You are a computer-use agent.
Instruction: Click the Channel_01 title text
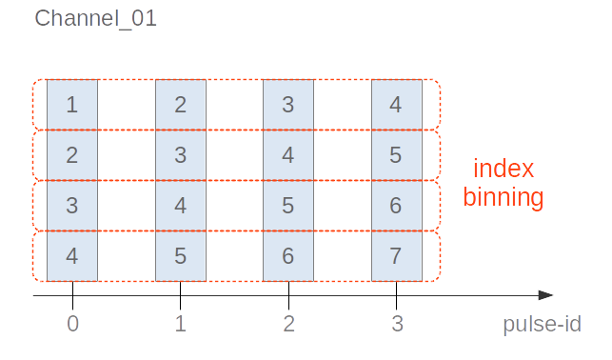(95, 19)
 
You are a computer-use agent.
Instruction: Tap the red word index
(503, 171)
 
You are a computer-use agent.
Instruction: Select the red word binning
(503, 198)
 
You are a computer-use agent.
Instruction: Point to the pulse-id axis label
(542, 325)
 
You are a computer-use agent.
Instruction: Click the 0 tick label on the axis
(72, 325)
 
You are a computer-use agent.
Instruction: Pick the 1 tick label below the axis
(181, 325)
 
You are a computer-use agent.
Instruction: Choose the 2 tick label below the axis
(288, 325)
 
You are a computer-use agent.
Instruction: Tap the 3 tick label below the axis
(396, 325)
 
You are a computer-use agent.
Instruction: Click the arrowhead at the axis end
(545, 296)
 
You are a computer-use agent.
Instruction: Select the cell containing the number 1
(72, 105)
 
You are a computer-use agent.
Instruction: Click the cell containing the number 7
(396, 256)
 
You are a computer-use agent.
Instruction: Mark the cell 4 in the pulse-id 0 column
(72, 256)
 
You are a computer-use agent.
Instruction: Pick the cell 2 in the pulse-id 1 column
(181, 105)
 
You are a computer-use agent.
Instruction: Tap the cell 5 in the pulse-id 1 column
(181, 256)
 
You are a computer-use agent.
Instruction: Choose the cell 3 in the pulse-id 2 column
(288, 105)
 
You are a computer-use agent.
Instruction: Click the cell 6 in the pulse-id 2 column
(288, 256)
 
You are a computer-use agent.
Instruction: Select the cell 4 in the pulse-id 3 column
(396, 105)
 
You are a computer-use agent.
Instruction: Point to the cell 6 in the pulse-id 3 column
(396, 206)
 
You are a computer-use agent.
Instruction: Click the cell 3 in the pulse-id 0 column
(72, 206)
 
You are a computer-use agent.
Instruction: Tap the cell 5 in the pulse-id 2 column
(288, 206)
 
